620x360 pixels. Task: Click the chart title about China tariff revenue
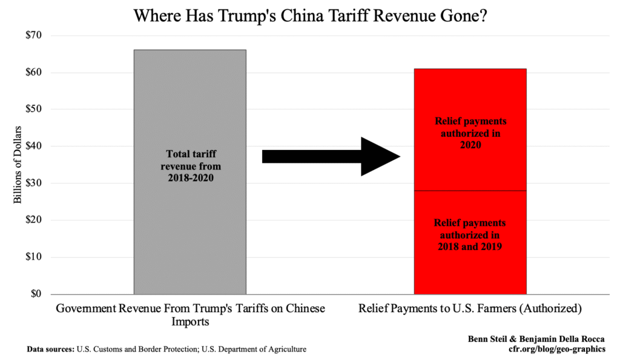click(x=311, y=15)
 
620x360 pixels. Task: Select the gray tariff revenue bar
click(x=190, y=230)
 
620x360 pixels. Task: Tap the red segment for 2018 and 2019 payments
click(x=470, y=236)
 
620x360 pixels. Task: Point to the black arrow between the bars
click(x=331, y=157)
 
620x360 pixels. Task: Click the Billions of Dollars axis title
click(x=18, y=165)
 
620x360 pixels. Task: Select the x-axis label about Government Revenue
click(x=190, y=315)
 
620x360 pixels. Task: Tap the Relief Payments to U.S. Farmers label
click(x=470, y=309)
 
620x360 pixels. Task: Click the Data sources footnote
click(x=167, y=349)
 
